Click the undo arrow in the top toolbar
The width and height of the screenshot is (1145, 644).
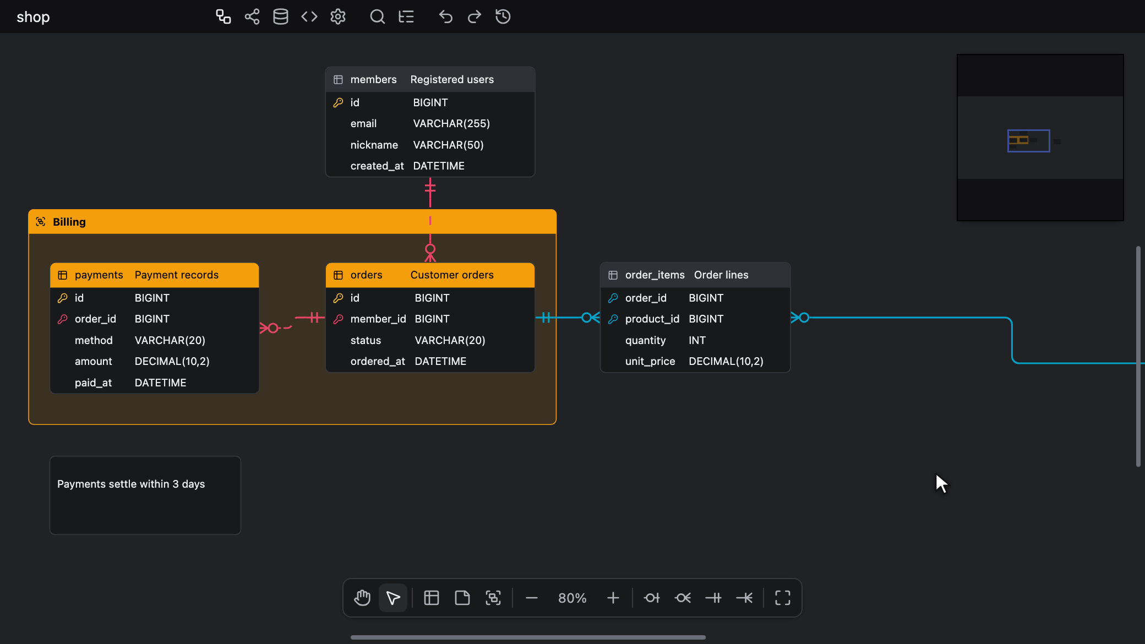coord(445,17)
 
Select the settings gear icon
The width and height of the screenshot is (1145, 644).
coord(338,17)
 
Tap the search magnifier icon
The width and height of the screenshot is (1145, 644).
coord(377,17)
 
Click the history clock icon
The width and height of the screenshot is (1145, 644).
coord(503,17)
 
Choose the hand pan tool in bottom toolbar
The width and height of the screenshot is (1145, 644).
coord(362,598)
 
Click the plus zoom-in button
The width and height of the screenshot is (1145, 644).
coord(613,598)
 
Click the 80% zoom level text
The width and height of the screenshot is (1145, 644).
coord(572,598)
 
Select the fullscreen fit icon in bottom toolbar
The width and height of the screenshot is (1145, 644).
coord(783,598)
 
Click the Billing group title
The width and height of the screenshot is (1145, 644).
coord(69,222)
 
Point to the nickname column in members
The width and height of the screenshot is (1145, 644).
coord(374,145)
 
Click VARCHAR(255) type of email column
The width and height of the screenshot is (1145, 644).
coord(451,123)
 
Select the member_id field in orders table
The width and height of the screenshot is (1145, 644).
coord(378,319)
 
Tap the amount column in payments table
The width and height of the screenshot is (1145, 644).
coord(94,361)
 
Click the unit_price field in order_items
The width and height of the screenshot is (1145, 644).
coord(650,361)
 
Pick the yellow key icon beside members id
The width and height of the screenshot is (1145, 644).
coord(339,102)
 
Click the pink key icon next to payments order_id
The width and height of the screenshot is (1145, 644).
coord(63,319)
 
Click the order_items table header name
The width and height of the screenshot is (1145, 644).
coord(655,275)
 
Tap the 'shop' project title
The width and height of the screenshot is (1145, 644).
coord(33,17)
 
